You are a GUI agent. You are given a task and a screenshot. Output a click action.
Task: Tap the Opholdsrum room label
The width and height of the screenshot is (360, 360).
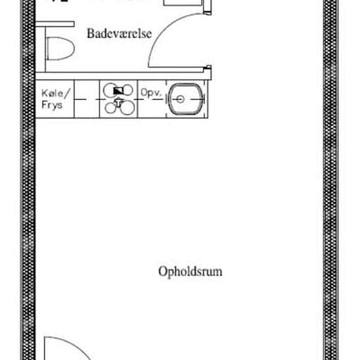190,271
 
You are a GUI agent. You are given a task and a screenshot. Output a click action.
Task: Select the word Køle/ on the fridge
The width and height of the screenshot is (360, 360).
52,93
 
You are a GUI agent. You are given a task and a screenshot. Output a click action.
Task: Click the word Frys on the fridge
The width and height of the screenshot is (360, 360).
52,105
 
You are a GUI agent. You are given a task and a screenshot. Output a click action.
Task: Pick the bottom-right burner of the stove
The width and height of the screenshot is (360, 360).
127,107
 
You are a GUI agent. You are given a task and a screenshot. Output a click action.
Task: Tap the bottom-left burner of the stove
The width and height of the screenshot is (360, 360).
109,107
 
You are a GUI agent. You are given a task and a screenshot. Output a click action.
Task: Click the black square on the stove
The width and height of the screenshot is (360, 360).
118,91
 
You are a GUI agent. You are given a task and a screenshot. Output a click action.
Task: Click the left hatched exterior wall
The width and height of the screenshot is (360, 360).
27,196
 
